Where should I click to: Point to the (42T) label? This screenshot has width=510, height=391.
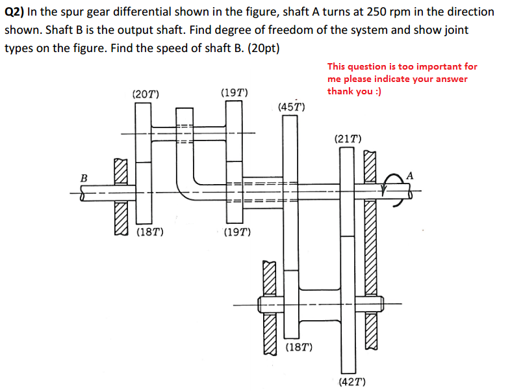(351, 381)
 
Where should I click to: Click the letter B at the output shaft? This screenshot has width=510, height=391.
(83, 177)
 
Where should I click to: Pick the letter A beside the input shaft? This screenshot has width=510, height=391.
(409, 174)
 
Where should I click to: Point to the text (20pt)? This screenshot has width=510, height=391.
(262, 48)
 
